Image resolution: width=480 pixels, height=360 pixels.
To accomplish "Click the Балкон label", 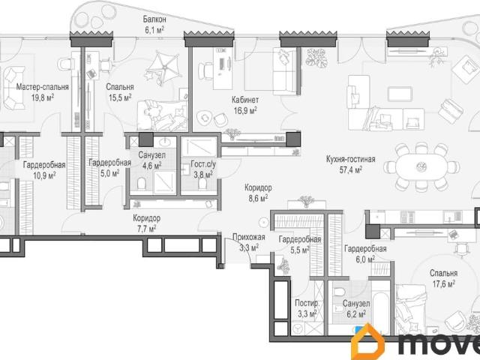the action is point(154,19).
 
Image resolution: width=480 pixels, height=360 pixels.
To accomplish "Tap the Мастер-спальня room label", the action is point(42,87).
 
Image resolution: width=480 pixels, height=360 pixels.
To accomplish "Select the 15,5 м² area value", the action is point(120,97).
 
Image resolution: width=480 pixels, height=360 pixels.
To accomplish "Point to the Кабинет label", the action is point(245,100).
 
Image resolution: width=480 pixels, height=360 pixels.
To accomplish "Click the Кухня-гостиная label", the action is point(350,160).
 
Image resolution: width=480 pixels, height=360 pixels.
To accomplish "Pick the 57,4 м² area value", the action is point(351,170).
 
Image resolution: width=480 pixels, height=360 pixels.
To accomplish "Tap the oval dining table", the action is point(421,167).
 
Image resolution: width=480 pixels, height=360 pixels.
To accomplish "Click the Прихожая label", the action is point(249,237).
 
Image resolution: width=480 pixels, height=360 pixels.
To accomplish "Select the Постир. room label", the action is point(307,303).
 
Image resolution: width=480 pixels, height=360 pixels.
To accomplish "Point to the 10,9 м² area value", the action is point(44,175).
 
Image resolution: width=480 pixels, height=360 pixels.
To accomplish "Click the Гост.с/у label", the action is point(203,164).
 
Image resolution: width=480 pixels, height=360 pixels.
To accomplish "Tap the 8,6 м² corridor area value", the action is point(258,198).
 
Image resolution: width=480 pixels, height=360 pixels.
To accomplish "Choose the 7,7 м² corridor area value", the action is point(146,229).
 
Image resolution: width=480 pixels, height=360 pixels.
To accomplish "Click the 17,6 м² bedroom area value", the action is point(443,283).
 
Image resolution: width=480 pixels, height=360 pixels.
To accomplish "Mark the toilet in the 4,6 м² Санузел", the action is point(142,184).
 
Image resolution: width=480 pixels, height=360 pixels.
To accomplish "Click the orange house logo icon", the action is point(368,342).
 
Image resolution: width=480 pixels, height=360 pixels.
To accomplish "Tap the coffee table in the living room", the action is point(400,94).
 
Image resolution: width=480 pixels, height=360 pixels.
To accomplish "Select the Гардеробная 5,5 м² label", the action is point(300,244).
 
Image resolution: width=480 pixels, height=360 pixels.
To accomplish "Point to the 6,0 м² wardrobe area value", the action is point(365,259).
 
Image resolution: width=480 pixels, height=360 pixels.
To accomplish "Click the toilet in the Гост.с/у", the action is point(202,184).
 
